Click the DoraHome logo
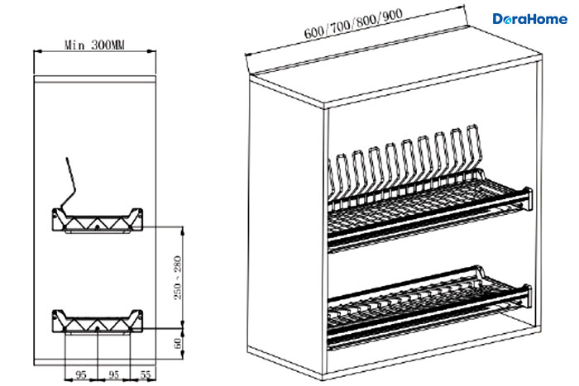(530, 19)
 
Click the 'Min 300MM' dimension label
(94, 45)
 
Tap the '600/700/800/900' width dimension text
(353, 24)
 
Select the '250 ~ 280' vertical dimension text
(178, 278)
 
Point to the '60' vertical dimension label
(178, 343)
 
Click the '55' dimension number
(146, 374)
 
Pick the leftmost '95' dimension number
(81, 375)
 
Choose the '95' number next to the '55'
(114, 375)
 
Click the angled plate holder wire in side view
(69, 184)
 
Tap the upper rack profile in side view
(97, 221)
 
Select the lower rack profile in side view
(97, 322)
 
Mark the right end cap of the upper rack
(529, 199)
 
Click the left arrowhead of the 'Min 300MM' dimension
(38, 51)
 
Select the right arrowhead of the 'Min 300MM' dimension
(151, 51)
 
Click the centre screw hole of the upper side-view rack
(98, 226)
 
